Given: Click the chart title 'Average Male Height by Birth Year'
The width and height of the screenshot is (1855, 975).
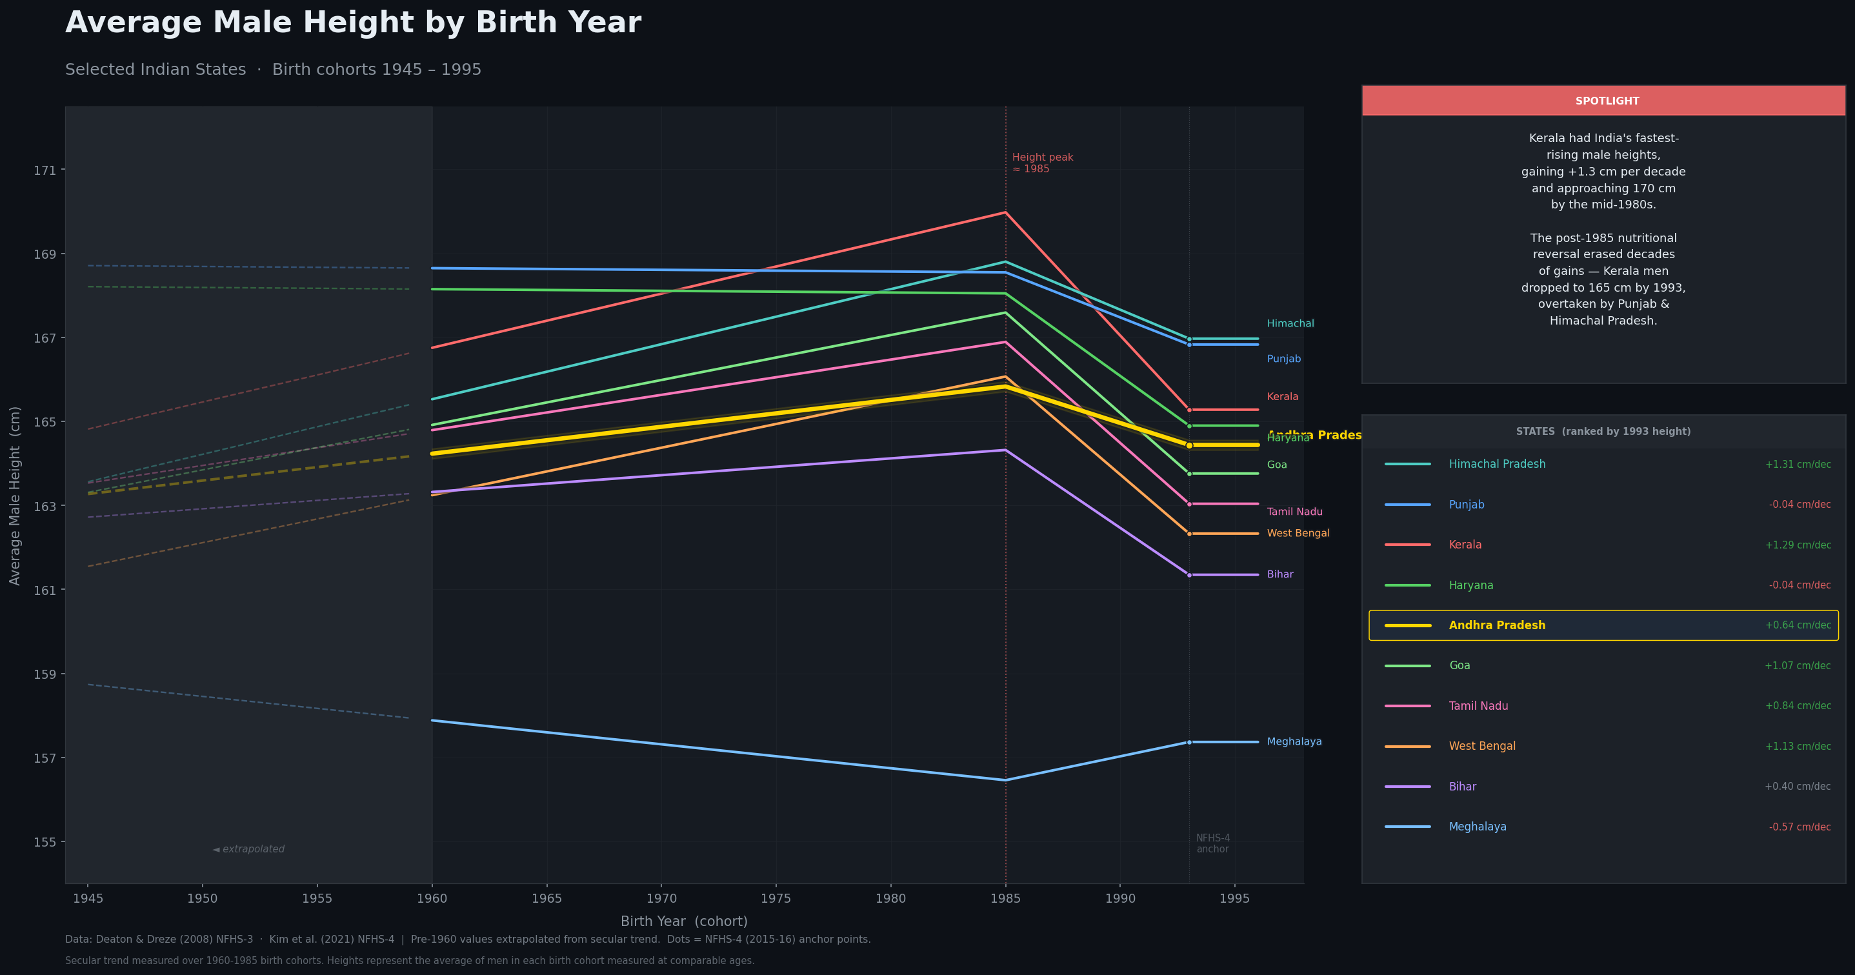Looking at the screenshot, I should pos(353,23).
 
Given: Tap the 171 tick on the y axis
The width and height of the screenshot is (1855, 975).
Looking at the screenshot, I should pos(45,170).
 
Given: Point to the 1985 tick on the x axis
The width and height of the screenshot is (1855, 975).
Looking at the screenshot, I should pos(1005,899).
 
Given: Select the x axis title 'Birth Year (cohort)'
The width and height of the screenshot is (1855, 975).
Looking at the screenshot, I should pos(684,921).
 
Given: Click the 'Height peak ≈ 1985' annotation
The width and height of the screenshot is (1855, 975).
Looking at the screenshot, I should pos(1042,163).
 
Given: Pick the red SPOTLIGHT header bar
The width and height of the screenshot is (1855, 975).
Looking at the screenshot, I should pos(1603,101).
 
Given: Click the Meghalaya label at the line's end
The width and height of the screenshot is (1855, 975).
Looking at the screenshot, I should pos(1294,741).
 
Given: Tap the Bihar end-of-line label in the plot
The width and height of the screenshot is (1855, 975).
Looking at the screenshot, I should pos(1279,575).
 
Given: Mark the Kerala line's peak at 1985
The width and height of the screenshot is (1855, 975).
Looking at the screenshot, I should pos(1005,212).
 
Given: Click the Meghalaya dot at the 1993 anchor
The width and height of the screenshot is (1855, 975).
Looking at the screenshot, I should pos(1189,743).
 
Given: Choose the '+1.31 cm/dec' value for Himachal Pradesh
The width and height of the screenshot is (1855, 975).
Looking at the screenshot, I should pos(1798,465).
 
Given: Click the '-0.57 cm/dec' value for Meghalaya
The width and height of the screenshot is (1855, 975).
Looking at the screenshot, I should pos(1799,827).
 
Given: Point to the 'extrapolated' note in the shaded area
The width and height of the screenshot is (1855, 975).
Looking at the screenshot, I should pos(249,849).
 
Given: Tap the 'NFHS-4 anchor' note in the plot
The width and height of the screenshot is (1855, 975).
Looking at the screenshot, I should pos(1212,843).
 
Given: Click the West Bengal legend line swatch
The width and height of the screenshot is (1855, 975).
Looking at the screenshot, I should pos(1407,747).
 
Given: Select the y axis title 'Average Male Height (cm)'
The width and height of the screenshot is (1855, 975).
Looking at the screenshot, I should pos(15,496).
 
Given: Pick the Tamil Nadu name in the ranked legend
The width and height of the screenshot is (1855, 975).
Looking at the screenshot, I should pos(1478,706).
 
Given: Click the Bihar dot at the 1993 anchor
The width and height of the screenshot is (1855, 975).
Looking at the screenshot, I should pos(1189,576).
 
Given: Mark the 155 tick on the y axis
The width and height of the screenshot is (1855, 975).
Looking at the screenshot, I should pos(45,843).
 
